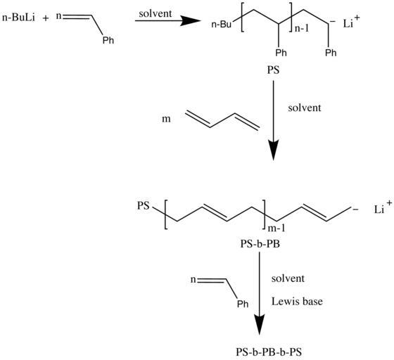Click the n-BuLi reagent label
click(18, 18)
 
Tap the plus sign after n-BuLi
click(46, 18)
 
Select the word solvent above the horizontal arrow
click(155, 13)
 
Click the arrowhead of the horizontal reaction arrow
click(191, 20)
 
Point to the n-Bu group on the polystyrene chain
click(221, 25)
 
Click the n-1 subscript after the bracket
click(302, 29)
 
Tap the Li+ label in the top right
click(351, 22)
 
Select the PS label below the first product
click(273, 70)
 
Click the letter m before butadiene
click(166, 119)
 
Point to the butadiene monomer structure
click(222, 121)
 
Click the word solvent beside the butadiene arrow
click(305, 108)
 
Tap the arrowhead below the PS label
click(274, 150)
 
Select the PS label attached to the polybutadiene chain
click(144, 205)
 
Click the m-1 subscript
click(277, 229)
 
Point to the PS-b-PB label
click(260, 244)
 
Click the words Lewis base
click(297, 301)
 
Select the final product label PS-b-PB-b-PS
click(269, 352)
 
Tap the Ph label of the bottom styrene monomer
click(243, 304)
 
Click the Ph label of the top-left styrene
click(108, 40)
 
